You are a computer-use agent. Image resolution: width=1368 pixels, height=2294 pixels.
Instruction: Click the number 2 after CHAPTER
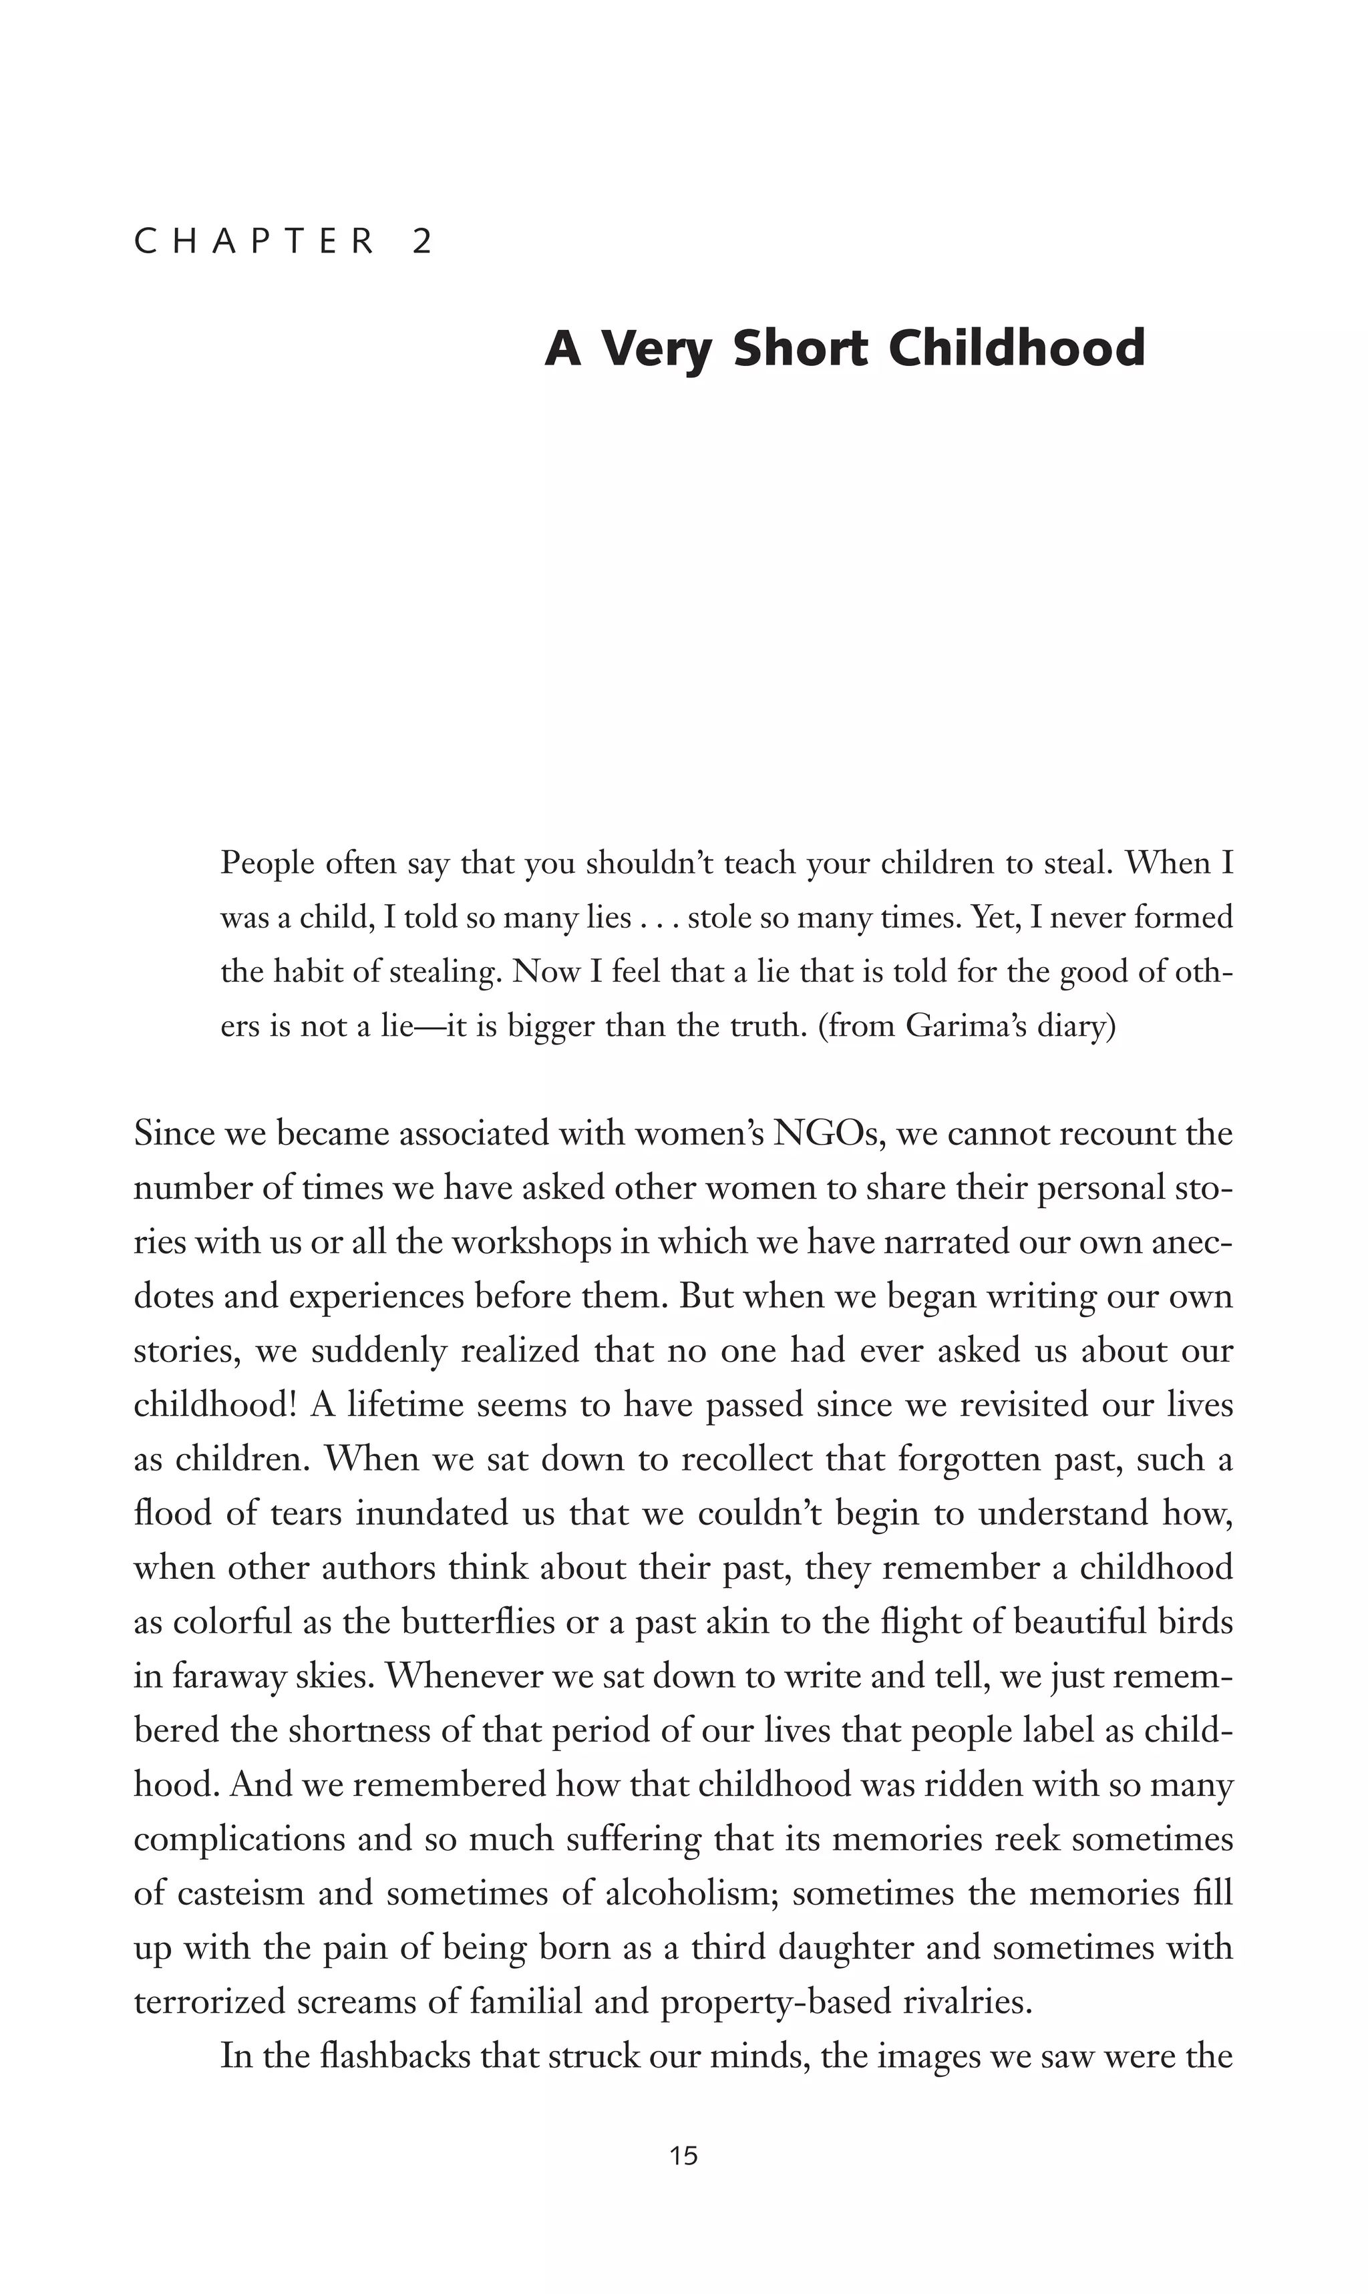422,242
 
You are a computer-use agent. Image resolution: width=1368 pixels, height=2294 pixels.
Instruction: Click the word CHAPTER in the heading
255,242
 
